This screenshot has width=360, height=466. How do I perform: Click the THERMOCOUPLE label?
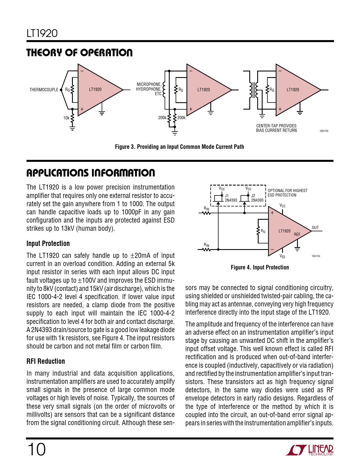[44, 90]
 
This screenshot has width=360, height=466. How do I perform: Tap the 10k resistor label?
[66, 118]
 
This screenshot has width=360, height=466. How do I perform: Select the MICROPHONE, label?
[149, 84]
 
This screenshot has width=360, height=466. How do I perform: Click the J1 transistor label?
[227, 195]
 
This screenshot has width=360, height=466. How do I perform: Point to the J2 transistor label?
[253, 195]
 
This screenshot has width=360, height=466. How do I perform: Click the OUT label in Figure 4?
[315, 228]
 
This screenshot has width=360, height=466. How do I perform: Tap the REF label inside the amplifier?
[297, 234]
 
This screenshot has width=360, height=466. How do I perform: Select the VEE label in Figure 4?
[282, 256]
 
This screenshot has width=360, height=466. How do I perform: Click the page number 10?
[36, 449]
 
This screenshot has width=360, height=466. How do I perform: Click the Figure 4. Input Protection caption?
[260, 267]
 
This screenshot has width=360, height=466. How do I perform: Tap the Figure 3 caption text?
[179, 147]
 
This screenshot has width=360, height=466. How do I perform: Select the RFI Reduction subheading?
[46, 361]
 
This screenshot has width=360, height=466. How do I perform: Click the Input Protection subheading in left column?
[48, 243]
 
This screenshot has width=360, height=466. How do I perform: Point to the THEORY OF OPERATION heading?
[79, 53]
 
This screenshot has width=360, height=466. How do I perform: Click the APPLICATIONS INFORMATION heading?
[91, 173]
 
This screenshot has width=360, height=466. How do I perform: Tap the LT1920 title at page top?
[42, 33]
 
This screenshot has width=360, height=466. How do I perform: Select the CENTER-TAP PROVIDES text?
[276, 126]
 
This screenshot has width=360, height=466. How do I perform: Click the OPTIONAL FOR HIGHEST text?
[287, 191]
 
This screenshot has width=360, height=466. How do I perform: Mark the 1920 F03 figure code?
[324, 131]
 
